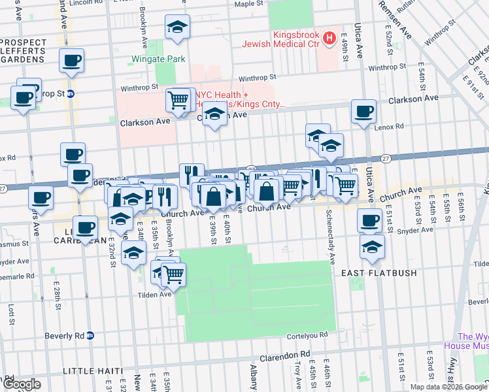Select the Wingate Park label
(159, 59)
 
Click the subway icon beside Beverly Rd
(91, 336)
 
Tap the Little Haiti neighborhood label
(92, 371)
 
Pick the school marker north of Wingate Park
(177, 28)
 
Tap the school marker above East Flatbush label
(372, 246)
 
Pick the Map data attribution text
(448, 387)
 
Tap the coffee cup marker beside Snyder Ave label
(369, 220)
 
